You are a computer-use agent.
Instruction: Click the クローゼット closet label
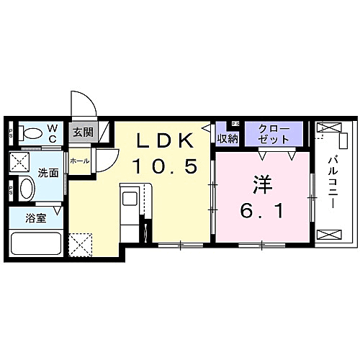(x=274, y=133)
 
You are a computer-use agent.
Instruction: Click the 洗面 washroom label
(x=48, y=173)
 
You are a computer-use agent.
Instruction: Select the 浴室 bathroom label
(x=36, y=218)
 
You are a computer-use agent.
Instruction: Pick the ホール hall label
(x=79, y=161)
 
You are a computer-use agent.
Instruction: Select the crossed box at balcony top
(x=326, y=129)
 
